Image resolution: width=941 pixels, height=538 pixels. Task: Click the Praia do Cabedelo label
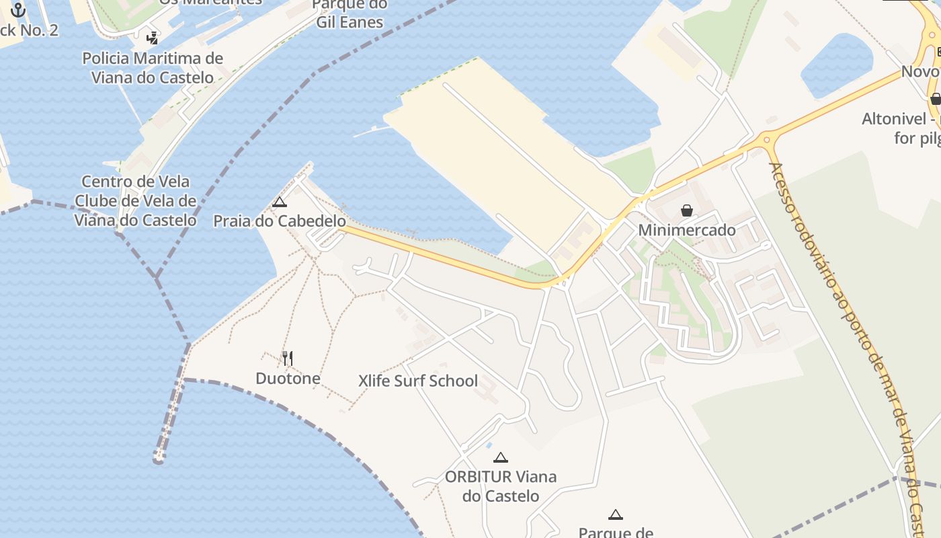tap(280, 221)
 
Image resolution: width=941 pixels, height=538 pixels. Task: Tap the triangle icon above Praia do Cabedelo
tap(280, 202)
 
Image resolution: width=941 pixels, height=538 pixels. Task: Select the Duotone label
tap(288, 379)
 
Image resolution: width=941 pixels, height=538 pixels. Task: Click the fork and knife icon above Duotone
tap(288, 358)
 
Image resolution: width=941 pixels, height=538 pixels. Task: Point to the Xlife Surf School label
tap(418, 381)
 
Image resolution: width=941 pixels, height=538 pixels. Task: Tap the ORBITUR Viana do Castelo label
tap(501, 486)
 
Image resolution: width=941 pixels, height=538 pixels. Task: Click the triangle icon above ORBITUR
tap(500, 458)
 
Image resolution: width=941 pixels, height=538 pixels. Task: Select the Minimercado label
tap(687, 230)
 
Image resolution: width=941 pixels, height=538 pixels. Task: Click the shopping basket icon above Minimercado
tap(687, 210)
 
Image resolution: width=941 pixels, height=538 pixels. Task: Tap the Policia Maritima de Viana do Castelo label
tap(153, 67)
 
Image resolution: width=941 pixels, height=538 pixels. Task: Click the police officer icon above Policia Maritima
tap(153, 38)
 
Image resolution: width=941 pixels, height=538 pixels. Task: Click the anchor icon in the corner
tap(18, 9)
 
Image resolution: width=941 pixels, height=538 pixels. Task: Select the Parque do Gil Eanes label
tap(350, 13)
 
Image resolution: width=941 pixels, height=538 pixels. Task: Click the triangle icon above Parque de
tap(615, 515)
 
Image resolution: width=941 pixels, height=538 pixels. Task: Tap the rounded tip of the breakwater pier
tap(159, 460)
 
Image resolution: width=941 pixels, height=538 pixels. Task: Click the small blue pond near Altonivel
tap(837, 64)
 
